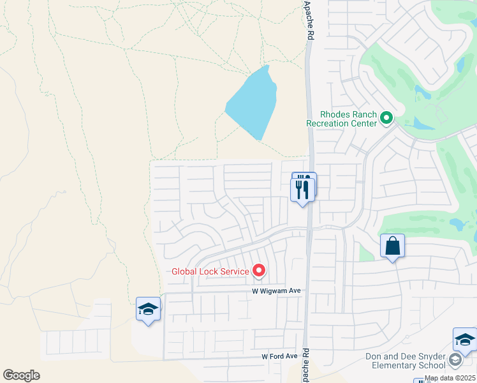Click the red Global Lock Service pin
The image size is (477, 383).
tap(259, 271)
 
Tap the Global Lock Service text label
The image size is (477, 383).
tap(210, 271)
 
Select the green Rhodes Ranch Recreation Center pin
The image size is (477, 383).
tap(386, 118)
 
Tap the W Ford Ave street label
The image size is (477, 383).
tap(279, 356)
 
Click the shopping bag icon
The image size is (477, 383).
tap(392, 246)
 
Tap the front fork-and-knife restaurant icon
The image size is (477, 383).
tap(302, 190)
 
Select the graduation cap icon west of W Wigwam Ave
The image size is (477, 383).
tap(148, 310)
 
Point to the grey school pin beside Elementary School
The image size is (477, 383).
tap(455, 361)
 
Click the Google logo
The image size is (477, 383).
tap(21, 375)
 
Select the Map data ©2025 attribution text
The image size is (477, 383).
tap(450, 379)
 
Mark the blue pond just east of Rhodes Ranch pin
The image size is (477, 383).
tap(422, 121)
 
